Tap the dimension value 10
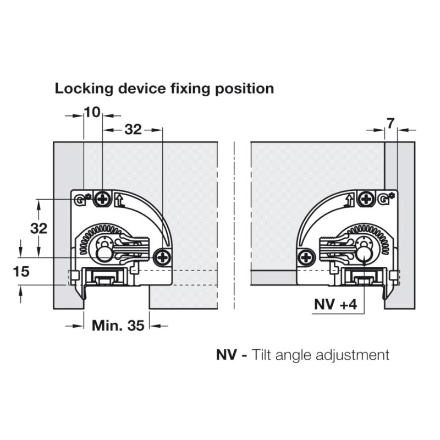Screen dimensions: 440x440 (92, 113)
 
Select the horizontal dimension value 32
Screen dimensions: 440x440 (133, 129)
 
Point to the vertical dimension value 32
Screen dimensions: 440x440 (38, 228)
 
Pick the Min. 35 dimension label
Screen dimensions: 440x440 (118, 325)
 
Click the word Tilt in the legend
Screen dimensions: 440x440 (263, 355)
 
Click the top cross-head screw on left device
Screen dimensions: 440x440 (102, 199)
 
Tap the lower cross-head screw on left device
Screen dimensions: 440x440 (162, 256)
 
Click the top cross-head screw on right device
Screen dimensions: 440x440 (365, 199)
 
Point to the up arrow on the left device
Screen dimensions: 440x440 (122, 201)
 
